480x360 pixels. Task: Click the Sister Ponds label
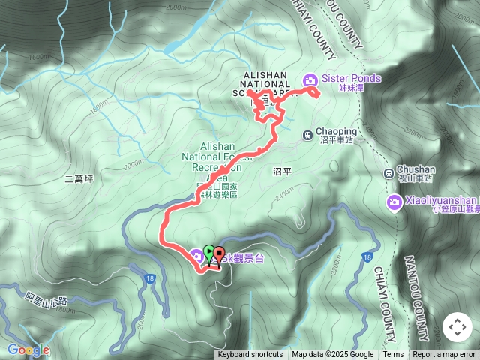(x=352, y=78)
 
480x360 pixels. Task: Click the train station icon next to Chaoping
(x=307, y=135)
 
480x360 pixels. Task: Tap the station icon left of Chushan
(x=388, y=174)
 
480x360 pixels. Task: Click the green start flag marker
(x=208, y=253)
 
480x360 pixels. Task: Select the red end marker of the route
(x=219, y=253)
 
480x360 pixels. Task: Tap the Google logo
(x=28, y=349)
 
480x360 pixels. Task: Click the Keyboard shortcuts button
(x=250, y=355)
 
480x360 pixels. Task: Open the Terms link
(x=393, y=355)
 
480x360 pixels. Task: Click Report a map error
(x=444, y=355)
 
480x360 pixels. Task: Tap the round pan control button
(x=457, y=327)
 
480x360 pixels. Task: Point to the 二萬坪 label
(x=79, y=179)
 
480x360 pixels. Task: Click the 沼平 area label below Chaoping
(x=282, y=172)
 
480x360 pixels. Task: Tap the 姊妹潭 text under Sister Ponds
(x=351, y=88)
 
